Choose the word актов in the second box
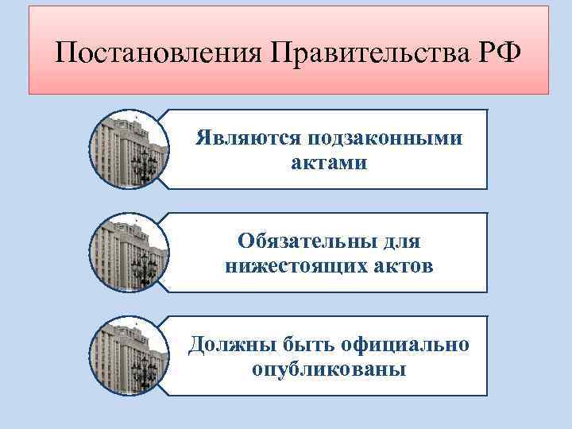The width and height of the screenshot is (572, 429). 400,266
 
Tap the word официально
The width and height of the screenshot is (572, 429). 404,344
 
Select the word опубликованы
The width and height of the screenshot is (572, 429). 328,369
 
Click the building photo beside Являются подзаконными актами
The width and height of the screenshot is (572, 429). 129,149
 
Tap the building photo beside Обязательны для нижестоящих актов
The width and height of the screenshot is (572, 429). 129,252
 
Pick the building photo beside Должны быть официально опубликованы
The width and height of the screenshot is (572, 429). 129,355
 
